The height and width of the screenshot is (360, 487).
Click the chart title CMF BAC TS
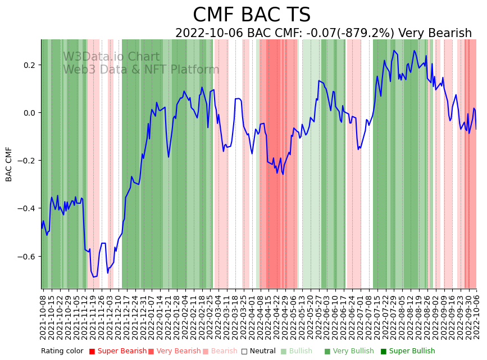click(x=251, y=15)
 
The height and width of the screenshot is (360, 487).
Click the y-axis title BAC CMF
click(x=9, y=164)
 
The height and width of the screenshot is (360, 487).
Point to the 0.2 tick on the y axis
click(x=31, y=65)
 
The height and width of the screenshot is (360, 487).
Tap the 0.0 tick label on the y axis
click(x=31, y=113)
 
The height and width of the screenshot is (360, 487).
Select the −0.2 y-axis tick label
click(x=28, y=161)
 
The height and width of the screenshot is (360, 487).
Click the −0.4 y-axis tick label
click(x=28, y=208)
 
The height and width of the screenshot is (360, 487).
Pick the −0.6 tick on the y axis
click(x=28, y=257)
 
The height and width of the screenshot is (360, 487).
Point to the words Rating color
click(x=62, y=352)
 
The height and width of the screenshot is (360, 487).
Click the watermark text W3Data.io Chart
click(x=111, y=57)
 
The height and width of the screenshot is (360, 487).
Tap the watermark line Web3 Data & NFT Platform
click(x=141, y=70)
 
